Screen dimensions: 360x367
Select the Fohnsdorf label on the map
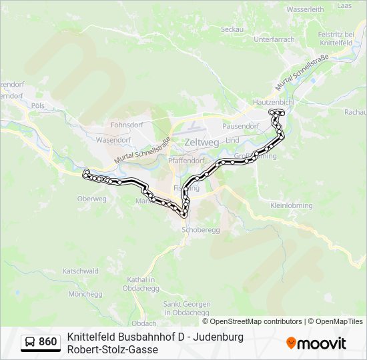[x=128, y=124]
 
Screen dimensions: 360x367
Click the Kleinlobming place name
[x=291, y=206]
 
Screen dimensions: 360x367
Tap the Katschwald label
[x=81, y=271]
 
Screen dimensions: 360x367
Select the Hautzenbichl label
[x=273, y=102]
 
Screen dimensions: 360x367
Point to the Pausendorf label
[x=240, y=125]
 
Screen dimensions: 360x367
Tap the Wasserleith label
[x=304, y=10]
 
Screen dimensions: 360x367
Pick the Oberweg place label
[x=92, y=199]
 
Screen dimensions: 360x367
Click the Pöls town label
[x=37, y=105]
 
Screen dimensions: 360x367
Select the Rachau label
[x=355, y=112]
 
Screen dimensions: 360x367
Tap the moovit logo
[x=316, y=343]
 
